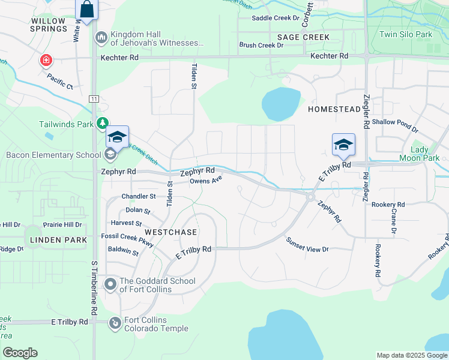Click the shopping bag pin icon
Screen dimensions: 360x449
point(86,10)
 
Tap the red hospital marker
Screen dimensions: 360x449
point(46,60)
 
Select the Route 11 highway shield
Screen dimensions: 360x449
point(94,98)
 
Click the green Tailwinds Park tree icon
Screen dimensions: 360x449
point(103,123)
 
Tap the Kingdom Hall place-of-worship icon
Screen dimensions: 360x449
point(101,38)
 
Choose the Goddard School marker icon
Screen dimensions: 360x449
point(110,284)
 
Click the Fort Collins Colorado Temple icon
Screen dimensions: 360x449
point(115,323)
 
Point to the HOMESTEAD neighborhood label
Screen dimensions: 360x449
point(334,110)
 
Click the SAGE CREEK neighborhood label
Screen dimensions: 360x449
point(303,37)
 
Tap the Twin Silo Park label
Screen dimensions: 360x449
point(406,34)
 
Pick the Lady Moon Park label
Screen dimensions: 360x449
point(424,154)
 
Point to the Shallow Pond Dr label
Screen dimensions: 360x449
point(395,122)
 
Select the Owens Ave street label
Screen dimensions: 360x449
point(206,179)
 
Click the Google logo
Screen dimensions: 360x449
point(20,353)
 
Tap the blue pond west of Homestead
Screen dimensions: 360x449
point(280,104)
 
